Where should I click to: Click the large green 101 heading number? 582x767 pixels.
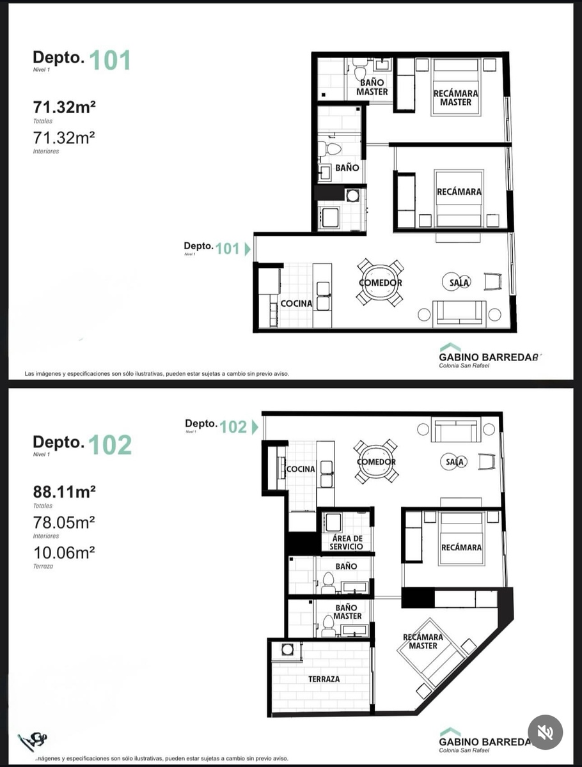[x=110, y=60]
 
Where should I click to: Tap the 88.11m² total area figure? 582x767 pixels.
[x=65, y=492]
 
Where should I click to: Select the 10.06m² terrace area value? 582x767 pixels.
[x=64, y=552]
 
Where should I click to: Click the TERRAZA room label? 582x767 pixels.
[x=324, y=679]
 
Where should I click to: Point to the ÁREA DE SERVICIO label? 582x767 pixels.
[x=347, y=543]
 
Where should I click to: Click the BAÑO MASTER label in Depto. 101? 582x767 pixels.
[x=372, y=87]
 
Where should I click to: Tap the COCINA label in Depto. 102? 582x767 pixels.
[x=301, y=469]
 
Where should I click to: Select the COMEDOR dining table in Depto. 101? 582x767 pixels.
[x=381, y=283]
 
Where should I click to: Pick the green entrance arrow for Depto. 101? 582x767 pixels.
[x=248, y=249]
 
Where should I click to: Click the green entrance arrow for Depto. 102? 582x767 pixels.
[x=255, y=427]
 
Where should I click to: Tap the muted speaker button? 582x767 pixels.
[x=545, y=732]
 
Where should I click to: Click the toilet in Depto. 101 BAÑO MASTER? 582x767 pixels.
[x=360, y=69]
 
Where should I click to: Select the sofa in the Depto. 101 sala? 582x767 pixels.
[x=459, y=314]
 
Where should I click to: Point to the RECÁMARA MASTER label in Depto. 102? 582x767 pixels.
[x=423, y=641]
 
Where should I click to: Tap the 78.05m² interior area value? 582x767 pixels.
[x=64, y=522]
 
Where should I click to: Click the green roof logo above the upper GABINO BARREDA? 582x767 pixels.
[x=450, y=347]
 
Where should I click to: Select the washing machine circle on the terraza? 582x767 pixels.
[x=287, y=650]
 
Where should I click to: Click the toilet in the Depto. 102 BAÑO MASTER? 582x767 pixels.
[x=328, y=626]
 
